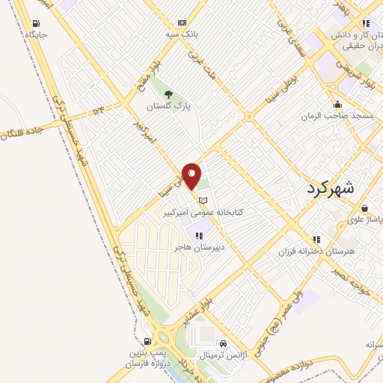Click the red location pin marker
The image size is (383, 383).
click(x=191, y=176)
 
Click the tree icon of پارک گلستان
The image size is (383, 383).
click(x=168, y=94)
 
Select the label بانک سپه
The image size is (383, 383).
click(x=182, y=34)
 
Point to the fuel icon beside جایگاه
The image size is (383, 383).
click(x=38, y=21)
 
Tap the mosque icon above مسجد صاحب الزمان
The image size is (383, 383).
click(x=338, y=104)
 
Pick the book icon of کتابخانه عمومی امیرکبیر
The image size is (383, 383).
click(x=203, y=199)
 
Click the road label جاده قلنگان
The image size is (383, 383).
click(x=22, y=130)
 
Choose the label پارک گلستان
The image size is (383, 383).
click(x=168, y=107)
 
